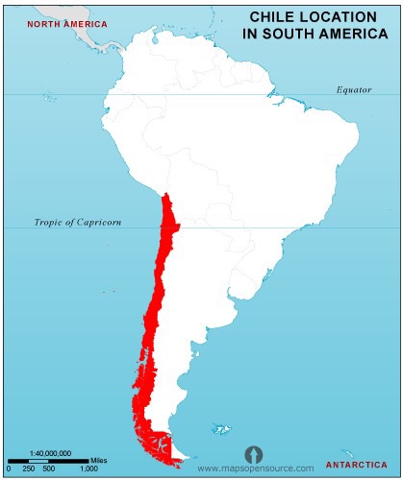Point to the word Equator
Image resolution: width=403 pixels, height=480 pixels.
point(353,89)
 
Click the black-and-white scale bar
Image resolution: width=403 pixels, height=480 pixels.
point(49,460)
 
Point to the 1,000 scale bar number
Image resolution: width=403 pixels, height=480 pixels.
point(88,468)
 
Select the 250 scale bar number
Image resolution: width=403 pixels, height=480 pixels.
point(29,468)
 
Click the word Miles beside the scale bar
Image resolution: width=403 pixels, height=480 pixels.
point(100,460)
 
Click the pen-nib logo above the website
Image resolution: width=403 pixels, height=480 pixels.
point(253,452)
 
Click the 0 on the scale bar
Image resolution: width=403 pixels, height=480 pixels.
point(9,468)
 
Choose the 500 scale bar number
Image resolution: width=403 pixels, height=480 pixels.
point(49,468)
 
